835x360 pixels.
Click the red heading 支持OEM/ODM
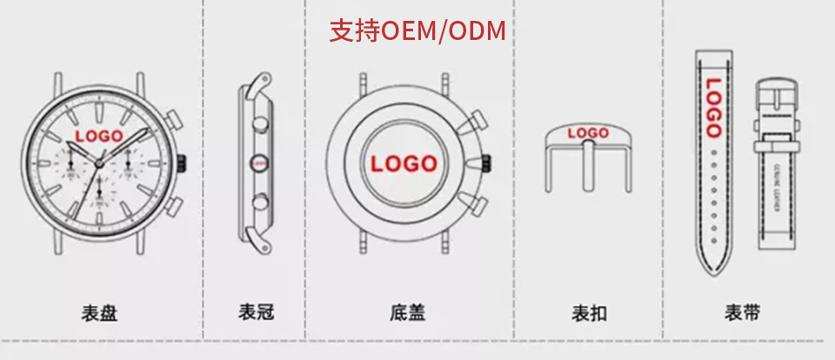pos(417,31)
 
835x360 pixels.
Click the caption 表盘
pos(99,312)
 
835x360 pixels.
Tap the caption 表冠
pos(256,312)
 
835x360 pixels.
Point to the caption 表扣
pos(589,312)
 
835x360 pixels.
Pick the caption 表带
pos(743,312)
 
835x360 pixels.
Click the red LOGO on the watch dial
pos(99,136)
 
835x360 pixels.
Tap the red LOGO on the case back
pos(404,163)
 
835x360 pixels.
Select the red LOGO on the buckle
pos(588,133)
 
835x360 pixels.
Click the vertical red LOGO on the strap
pos(713,108)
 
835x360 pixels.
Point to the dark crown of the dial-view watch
pos(184,163)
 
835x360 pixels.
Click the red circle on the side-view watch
pos(257,161)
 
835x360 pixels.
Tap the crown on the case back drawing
pos(487,163)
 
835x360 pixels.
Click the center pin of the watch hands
pos(99,163)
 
